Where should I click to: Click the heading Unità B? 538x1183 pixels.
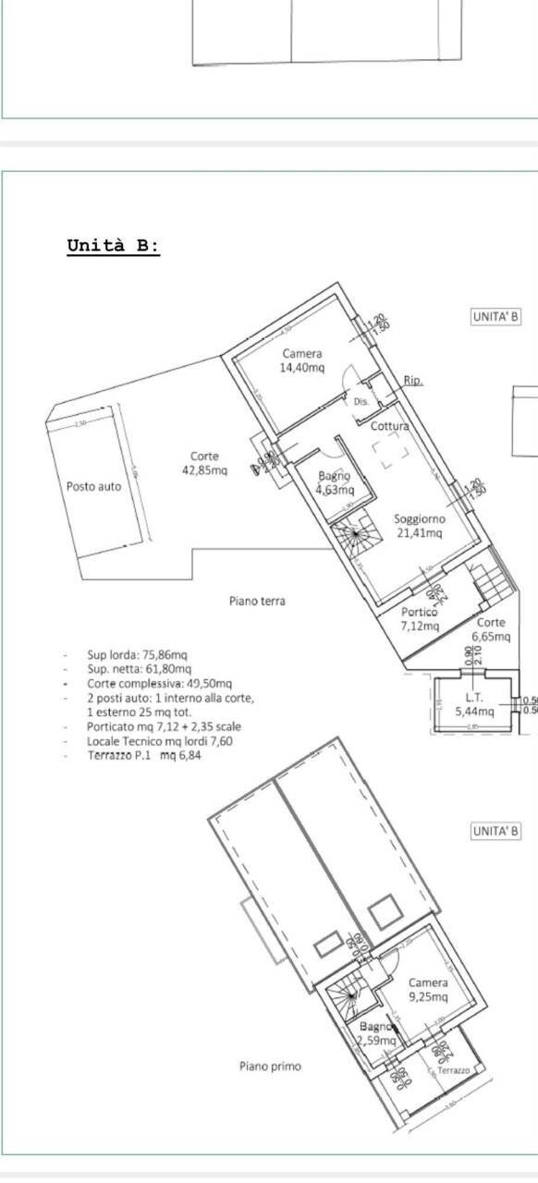[113, 246]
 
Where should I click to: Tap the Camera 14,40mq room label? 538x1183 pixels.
[302, 360]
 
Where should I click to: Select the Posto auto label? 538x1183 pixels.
[93, 486]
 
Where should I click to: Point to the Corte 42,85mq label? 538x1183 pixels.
[204, 463]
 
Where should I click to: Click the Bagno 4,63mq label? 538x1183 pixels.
[334, 483]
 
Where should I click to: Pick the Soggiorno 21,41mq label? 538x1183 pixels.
[419, 526]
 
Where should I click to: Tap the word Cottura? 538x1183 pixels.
[390, 426]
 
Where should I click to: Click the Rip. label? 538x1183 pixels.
[413, 380]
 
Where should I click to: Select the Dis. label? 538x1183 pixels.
[361, 402]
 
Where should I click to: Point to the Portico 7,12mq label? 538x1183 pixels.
[418, 619]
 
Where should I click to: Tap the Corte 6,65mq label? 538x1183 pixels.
[491, 629]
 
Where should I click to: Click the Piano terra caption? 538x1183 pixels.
[257, 601]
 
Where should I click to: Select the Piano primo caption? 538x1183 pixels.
[270, 1066]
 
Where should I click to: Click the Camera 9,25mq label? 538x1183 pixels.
[428, 990]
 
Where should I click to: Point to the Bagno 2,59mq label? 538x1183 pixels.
[376, 1033]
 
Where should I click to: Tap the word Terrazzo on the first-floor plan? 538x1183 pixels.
[453, 1069]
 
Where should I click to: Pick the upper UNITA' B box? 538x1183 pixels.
[495, 317]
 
